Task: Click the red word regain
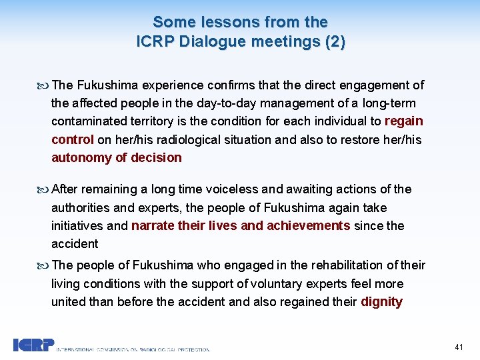tap(404, 121)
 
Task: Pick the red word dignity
tap(381, 301)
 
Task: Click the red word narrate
tap(155, 225)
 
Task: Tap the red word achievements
tap(308, 225)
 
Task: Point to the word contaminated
tap(89, 121)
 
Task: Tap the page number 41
tap(459, 347)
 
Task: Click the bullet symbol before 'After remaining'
tap(44, 189)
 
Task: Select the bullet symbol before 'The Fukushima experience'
tap(44, 85)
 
